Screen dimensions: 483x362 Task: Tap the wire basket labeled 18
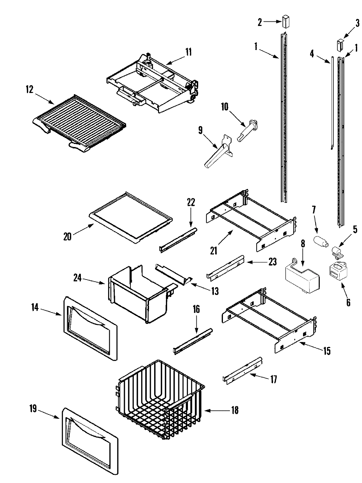160,398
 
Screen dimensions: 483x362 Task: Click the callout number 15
326,351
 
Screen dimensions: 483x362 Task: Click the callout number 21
214,251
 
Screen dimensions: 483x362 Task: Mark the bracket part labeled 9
219,151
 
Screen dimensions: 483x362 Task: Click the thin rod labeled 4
332,103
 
